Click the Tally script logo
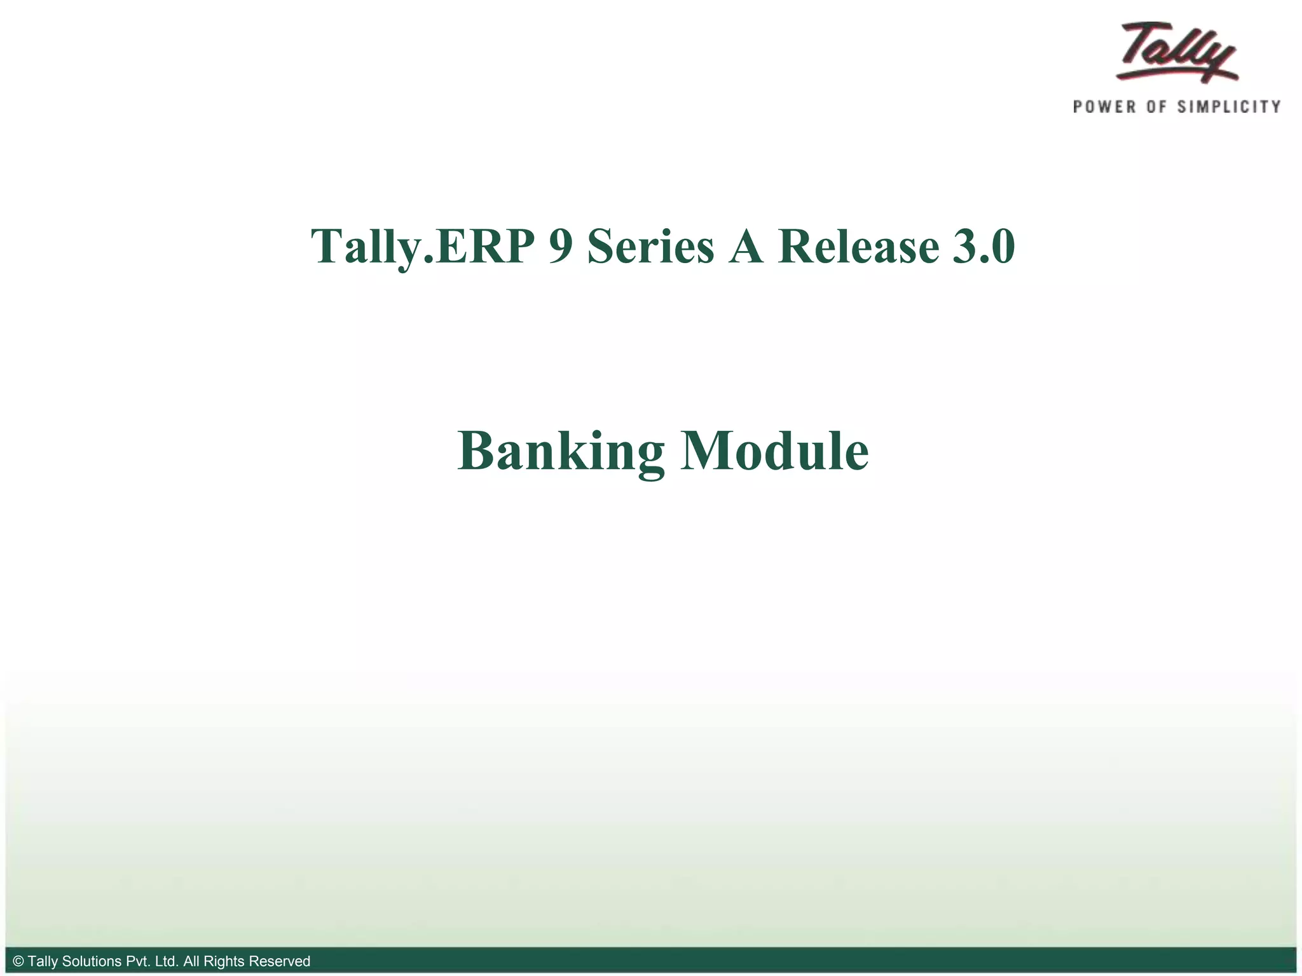(1176, 52)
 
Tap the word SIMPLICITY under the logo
(1228, 107)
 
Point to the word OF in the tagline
(1156, 107)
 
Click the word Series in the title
(650, 247)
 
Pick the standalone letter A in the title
(746, 247)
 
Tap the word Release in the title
(858, 247)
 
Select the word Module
(774, 451)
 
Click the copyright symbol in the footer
(18, 961)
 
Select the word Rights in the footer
(224, 961)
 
